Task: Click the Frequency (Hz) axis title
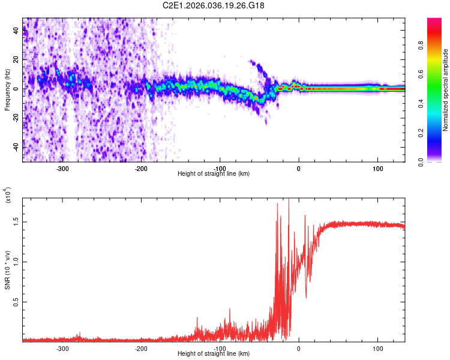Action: click(7, 90)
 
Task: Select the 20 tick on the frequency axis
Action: click(16, 60)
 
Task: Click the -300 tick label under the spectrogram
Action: click(62, 169)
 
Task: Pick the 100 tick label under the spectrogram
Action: click(377, 169)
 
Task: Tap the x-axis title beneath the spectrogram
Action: click(214, 174)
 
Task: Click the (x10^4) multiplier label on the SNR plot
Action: click(9, 195)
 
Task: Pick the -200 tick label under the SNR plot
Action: click(141, 349)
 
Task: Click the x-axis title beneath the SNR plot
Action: click(214, 354)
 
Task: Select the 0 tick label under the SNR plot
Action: click(299, 349)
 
